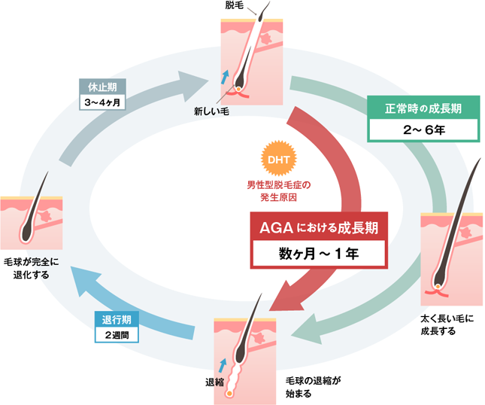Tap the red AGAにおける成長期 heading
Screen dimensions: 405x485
click(x=318, y=227)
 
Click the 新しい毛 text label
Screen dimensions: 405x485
click(x=211, y=111)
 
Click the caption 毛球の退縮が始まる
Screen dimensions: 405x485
click(x=309, y=387)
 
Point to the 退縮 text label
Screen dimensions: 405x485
click(x=215, y=382)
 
